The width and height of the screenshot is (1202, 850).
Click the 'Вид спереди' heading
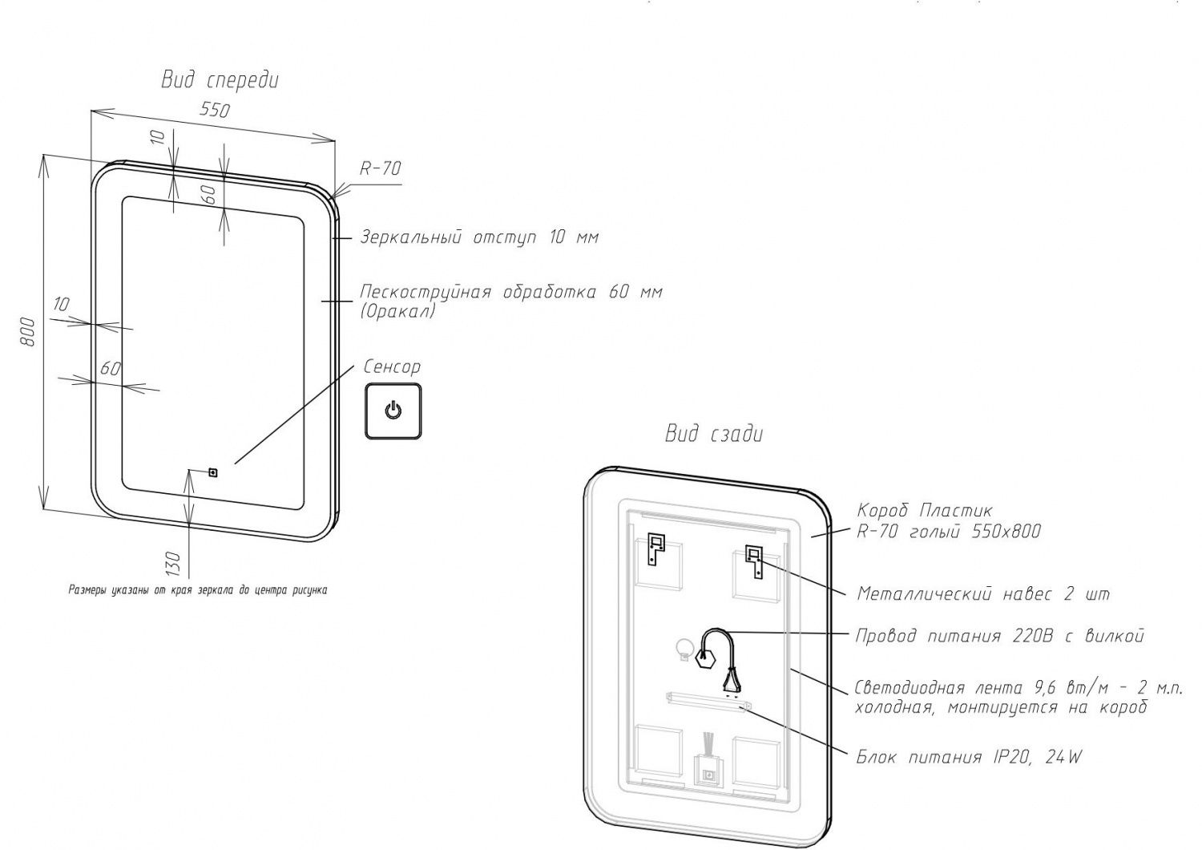(220, 80)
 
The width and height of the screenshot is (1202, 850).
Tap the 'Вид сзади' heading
(714, 435)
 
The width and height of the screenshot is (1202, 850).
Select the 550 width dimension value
(214, 109)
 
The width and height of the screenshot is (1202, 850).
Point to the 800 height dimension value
(28, 331)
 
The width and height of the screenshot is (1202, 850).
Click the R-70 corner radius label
(380, 168)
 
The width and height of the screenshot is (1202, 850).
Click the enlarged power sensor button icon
(393, 411)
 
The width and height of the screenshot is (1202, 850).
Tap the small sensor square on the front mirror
(213, 472)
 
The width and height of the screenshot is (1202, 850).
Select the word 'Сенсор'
(392, 367)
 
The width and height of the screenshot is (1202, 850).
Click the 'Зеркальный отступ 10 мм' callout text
(479, 237)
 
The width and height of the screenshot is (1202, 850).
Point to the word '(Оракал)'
(397, 311)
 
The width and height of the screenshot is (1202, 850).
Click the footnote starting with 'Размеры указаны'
(197, 590)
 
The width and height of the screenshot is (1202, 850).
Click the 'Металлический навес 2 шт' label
(983, 594)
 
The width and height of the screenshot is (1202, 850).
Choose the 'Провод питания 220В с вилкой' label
(999, 636)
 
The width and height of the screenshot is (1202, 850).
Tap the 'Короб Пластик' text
(925, 510)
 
